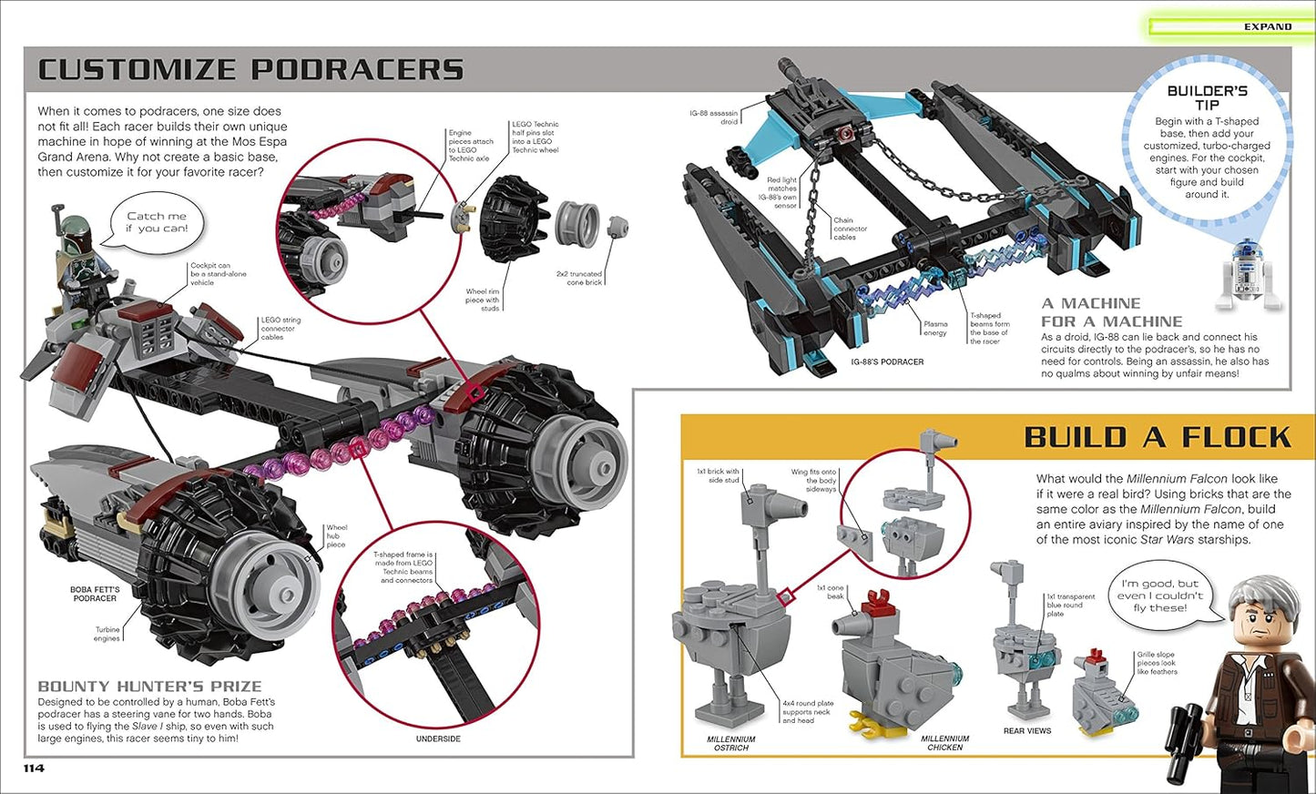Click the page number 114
34,769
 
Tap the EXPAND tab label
1267,26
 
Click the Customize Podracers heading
250,70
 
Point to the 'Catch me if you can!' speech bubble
157,222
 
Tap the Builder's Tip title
1207,97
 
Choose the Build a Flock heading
1157,438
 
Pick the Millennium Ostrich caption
730,743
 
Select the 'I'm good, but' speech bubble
1159,595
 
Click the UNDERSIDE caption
438,738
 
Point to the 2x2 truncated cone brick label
579,278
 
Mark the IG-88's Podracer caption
887,361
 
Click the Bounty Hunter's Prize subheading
149,687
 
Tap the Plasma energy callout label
935,328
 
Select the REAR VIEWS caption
1026,730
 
